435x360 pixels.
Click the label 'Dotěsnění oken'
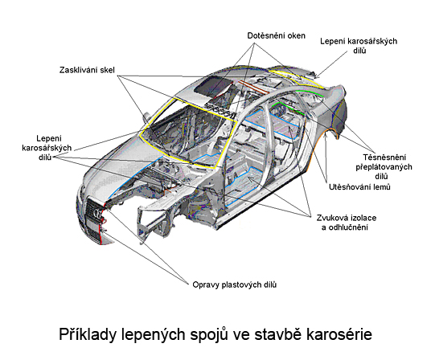pyautogui.click(x=276, y=36)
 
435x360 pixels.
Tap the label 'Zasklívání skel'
pyautogui.click(x=87, y=70)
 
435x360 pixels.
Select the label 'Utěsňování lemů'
pyautogui.click(x=359, y=186)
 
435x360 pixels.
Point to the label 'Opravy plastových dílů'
pyautogui.click(x=235, y=284)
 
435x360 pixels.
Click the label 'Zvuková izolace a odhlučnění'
pyautogui.click(x=347, y=223)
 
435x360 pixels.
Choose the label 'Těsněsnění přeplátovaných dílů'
pyautogui.click(x=384, y=166)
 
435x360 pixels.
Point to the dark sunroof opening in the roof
pyautogui.click(x=212, y=85)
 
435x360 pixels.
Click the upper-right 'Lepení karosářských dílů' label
pyautogui.click(x=359, y=46)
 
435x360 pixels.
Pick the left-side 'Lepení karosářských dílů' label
pyautogui.click(x=47, y=148)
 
